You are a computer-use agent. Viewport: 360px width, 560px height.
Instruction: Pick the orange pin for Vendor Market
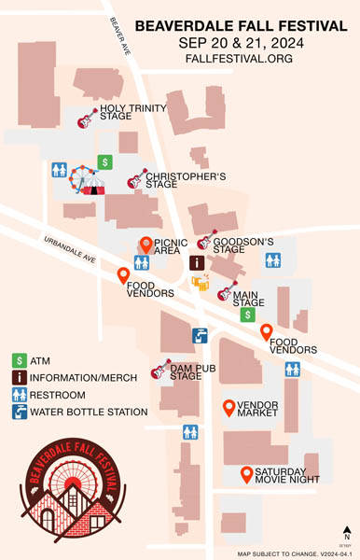(228, 407)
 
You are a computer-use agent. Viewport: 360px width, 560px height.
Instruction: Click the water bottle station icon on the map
(200, 336)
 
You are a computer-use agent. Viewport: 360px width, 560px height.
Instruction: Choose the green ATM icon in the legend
(19, 360)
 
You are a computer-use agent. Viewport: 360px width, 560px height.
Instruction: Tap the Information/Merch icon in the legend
(19, 377)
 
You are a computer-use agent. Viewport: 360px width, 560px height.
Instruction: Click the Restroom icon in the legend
(19, 394)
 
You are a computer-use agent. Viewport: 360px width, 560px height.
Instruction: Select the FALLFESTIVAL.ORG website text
(241, 58)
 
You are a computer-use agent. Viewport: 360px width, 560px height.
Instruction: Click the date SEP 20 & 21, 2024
(240, 43)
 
